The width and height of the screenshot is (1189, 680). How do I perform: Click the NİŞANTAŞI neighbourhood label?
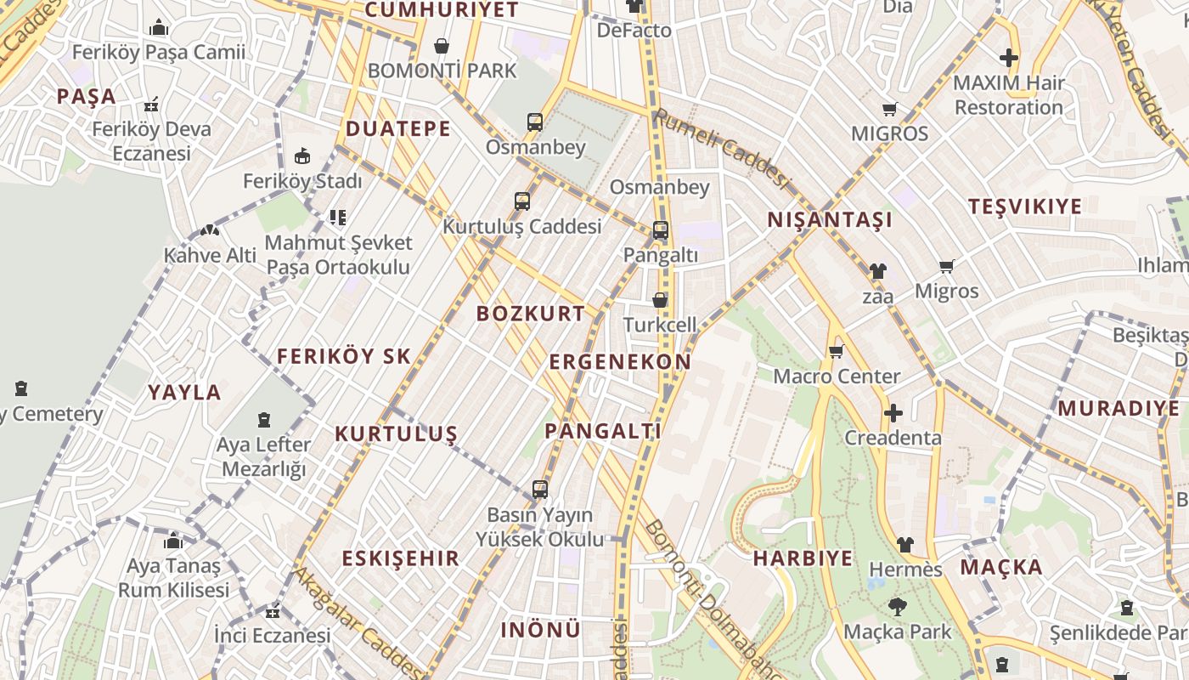pyautogui.click(x=830, y=219)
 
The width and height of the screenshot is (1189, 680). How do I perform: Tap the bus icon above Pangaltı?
pyautogui.click(x=660, y=229)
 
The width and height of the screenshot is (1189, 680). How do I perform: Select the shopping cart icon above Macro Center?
pyautogui.click(x=836, y=351)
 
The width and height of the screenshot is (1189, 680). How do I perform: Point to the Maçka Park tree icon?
pyautogui.click(x=897, y=607)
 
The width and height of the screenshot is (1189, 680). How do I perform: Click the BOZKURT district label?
pyautogui.click(x=530, y=313)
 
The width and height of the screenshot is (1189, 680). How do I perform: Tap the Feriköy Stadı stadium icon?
pyautogui.click(x=302, y=156)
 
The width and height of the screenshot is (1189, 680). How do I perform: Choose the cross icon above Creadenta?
pyautogui.click(x=893, y=413)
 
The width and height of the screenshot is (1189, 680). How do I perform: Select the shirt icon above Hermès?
pyautogui.click(x=904, y=544)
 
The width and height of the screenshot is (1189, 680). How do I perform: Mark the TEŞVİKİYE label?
pyautogui.click(x=1025, y=206)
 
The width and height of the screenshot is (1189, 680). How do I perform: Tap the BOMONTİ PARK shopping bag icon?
pyautogui.click(x=442, y=46)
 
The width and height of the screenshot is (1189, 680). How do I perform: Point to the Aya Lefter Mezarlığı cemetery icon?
pyautogui.click(x=264, y=419)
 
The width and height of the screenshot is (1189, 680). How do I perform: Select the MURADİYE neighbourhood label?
pyautogui.click(x=1119, y=408)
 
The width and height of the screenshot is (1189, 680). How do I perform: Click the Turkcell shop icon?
pyautogui.click(x=660, y=300)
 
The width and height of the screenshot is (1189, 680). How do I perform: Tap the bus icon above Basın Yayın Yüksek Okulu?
pyautogui.click(x=539, y=490)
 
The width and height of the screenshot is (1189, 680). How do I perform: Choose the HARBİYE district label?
pyautogui.click(x=803, y=558)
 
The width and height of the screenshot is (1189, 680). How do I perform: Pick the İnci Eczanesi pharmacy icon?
pyautogui.click(x=273, y=611)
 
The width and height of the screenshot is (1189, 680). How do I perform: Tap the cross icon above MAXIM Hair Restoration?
pyautogui.click(x=1008, y=58)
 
